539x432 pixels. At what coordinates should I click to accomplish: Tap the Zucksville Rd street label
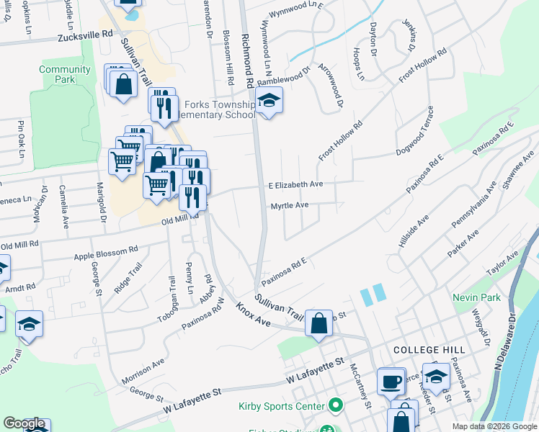tap(88, 35)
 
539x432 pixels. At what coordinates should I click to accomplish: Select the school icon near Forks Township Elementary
tap(269, 101)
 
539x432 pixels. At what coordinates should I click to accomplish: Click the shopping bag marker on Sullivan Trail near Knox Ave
tap(318, 324)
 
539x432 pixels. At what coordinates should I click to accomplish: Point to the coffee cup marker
tap(391, 382)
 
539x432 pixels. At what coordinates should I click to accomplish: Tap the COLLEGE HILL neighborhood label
tap(425, 349)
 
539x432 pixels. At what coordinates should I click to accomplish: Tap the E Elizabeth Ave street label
tap(295, 184)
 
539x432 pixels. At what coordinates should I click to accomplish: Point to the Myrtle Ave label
tap(289, 205)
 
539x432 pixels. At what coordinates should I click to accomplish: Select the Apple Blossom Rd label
tap(105, 253)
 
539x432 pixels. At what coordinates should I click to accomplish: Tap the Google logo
tap(24, 423)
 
